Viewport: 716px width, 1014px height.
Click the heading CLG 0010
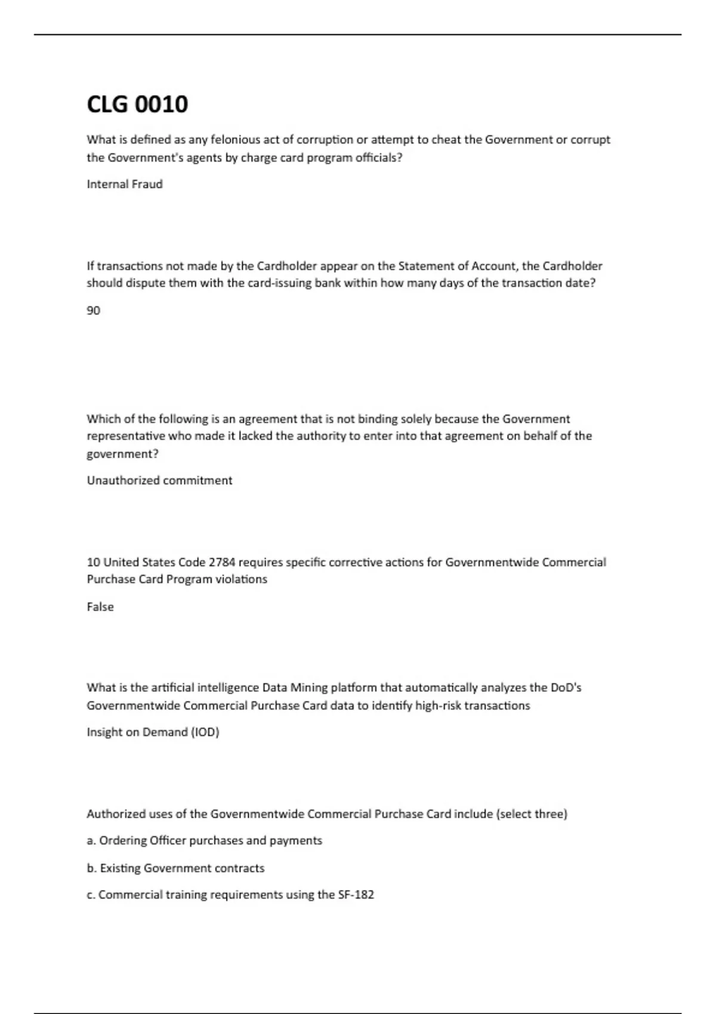(x=137, y=104)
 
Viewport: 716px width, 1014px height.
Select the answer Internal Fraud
(x=125, y=184)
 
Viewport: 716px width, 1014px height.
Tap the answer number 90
(x=94, y=311)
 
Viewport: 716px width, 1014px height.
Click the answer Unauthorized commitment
(x=159, y=481)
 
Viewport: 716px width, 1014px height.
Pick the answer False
(x=100, y=607)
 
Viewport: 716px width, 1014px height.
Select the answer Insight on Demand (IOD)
(x=153, y=732)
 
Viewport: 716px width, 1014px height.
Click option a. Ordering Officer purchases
(x=204, y=841)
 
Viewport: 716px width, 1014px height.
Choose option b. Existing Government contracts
(x=175, y=868)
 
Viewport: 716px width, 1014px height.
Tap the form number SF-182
(x=356, y=895)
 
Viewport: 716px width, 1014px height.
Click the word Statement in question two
(x=422, y=266)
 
